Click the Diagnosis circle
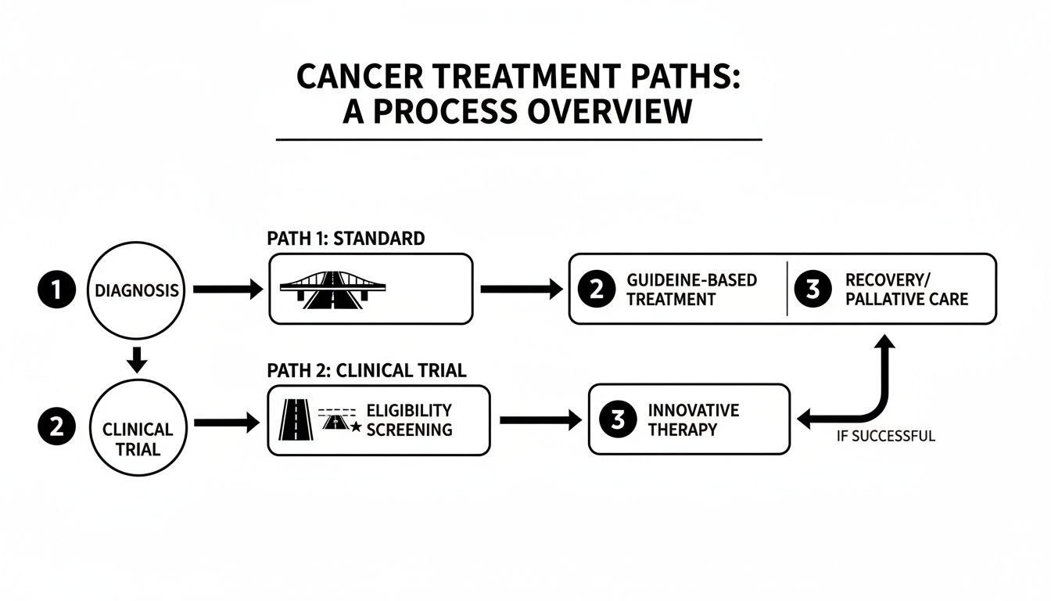pyautogui.click(x=136, y=290)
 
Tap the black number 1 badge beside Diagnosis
pyautogui.click(x=53, y=290)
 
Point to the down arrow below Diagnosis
pyautogui.click(x=137, y=359)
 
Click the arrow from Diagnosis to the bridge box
pyautogui.click(x=227, y=290)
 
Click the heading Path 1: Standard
pyautogui.click(x=346, y=238)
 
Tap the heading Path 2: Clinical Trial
pyautogui.click(x=366, y=370)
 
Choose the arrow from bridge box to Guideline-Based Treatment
pyautogui.click(x=520, y=290)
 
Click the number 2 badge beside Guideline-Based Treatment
pyautogui.click(x=596, y=290)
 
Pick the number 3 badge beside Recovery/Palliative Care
pyautogui.click(x=811, y=290)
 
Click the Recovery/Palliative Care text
pyautogui.click(x=906, y=290)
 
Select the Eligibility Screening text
pyautogui.click(x=408, y=420)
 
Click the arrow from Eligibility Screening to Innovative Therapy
pyautogui.click(x=540, y=421)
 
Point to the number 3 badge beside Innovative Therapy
pyautogui.click(x=617, y=420)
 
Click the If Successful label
pyautogui.click(x=885, y=437)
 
